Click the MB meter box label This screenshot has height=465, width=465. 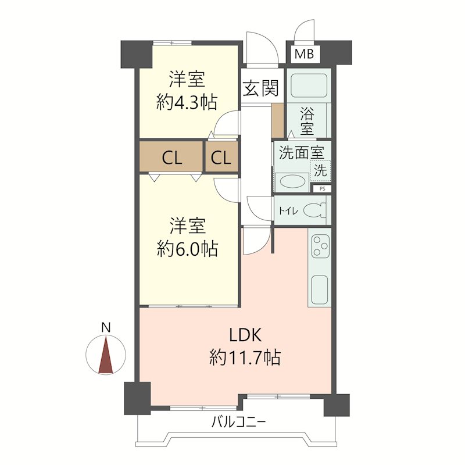304,54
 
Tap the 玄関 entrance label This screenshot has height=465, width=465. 261,88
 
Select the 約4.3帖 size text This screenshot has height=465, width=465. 187,102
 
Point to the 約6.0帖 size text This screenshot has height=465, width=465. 187,248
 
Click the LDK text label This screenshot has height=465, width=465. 245,335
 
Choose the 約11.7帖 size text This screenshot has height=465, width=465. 245,357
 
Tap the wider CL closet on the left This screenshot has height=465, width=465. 171,156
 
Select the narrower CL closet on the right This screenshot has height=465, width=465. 221,156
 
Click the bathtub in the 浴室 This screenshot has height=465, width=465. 309,85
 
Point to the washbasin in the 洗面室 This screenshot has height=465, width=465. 293,181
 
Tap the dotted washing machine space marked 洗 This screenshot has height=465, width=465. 320,170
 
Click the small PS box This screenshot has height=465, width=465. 323,188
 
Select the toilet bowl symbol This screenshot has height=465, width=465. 314,211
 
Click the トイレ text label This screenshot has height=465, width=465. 288,211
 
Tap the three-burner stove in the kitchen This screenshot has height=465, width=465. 321,245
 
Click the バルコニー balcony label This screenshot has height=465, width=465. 238,421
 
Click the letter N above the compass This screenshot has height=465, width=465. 106,327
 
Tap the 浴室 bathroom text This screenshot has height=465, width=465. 307,121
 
